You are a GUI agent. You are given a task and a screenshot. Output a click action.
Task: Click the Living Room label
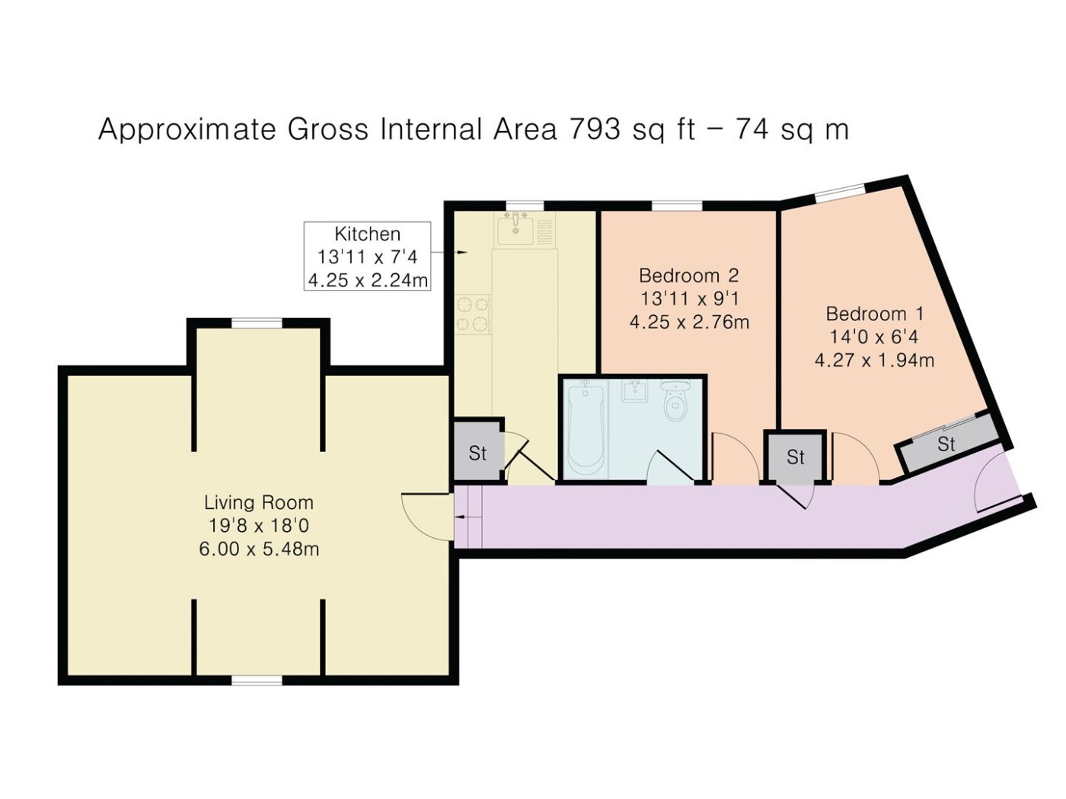259,502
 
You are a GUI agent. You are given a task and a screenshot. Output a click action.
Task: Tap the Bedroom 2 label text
688,275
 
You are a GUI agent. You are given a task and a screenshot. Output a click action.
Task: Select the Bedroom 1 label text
874,314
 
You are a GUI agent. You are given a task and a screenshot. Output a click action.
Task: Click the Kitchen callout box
367,256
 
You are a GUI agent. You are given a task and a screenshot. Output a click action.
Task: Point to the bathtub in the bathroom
586,429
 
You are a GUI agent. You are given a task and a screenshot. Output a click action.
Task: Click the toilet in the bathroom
675,400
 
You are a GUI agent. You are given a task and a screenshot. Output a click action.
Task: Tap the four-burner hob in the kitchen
473,314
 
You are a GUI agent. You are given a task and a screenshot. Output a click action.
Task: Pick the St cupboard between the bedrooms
795,457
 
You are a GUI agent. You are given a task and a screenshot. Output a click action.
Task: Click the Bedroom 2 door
735,458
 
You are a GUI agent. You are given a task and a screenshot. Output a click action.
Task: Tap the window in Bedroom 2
677,206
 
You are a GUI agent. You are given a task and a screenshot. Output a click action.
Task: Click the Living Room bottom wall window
257,681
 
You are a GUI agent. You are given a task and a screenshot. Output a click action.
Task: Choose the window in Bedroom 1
840,193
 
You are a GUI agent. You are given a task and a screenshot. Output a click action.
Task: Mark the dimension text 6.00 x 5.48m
259,549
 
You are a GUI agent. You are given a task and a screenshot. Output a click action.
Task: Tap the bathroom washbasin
634,390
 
